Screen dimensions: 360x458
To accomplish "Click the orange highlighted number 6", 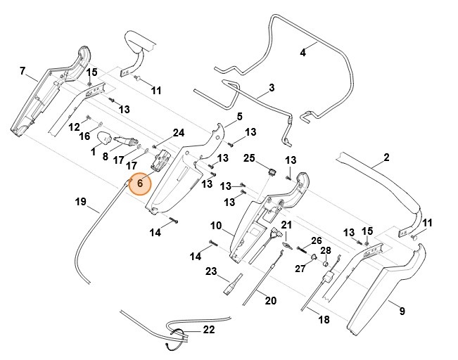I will pos(140,183).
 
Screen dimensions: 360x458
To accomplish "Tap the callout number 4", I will pos(303,52).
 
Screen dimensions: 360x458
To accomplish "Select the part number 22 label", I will pos(209,330).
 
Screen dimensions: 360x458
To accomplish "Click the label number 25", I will pos(248,157).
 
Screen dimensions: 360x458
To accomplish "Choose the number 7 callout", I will pos(23,71).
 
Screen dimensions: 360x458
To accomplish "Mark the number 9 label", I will pos(402,310).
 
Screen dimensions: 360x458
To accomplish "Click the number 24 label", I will pos(178,132).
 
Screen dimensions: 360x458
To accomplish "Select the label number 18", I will pos(324,320).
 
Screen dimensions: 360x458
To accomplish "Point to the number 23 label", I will pos(211,271).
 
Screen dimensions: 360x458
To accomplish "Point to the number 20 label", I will pos(270,300).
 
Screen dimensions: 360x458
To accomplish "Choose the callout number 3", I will pos(272,89).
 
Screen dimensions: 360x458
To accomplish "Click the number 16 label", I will pos(84,136).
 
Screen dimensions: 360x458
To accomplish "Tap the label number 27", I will pos(300,268).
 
